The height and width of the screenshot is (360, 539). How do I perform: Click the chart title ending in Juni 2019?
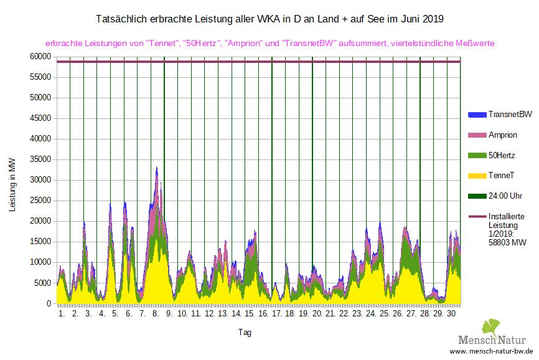269,19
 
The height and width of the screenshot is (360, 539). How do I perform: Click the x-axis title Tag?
244,333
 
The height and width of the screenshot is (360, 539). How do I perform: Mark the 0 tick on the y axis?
47,303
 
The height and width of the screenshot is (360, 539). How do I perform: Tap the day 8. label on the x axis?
156,315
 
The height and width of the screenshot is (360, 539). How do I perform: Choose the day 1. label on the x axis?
62,315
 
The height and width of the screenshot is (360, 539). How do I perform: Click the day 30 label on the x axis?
453,315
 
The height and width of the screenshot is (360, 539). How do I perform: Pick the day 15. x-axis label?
250,315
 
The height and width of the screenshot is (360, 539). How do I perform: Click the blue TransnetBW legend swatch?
476,115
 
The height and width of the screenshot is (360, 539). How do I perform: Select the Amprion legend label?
503,135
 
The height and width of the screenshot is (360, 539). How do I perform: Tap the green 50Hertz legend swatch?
476,155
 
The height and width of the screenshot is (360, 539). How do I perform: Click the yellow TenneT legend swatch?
476,176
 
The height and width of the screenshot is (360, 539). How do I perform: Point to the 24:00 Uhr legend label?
505,196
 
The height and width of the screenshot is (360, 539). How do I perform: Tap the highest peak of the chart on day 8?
157,168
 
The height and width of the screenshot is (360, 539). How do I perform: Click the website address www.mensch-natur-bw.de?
492,352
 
